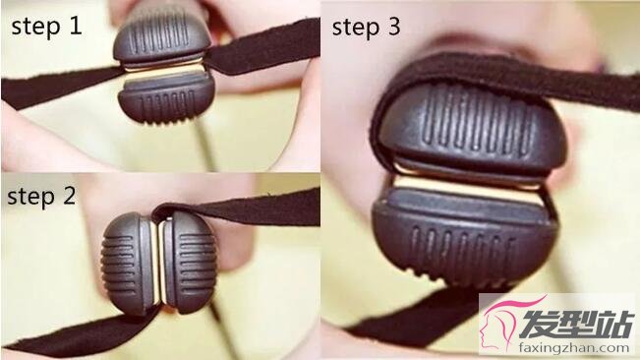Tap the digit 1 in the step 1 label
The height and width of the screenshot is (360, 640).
tap(75, 25)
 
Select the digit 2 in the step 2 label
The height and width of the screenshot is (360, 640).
tap(69, 195)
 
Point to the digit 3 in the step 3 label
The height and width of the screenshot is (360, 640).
tap(392, 27)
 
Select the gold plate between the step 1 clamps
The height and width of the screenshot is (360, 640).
tap(163, 70)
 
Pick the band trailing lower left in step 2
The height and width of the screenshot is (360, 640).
tap(82, 331)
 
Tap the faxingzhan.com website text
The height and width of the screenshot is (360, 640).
tap(574, 348)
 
